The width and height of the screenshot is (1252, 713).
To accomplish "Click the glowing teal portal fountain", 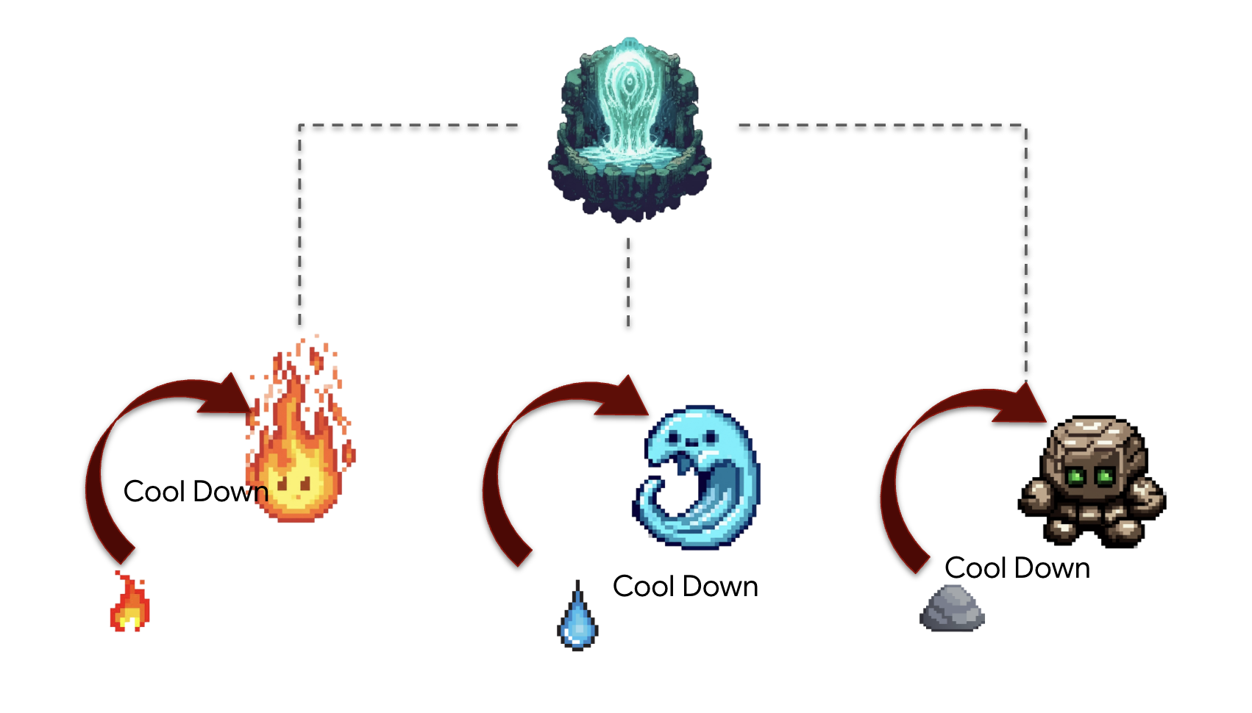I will point(629,129).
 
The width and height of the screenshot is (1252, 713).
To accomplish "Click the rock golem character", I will point(1092,481).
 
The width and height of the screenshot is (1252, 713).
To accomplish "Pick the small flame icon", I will point(130,604).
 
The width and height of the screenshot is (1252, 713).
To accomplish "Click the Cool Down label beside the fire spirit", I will point(195,491).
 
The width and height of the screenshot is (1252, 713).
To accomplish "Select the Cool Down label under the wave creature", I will point(685,587).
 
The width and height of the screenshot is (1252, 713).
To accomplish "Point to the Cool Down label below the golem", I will point(1017,568).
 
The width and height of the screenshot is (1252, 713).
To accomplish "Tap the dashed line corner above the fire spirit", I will point(300,126).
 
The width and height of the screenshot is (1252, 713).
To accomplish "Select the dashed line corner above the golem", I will point(1025,126).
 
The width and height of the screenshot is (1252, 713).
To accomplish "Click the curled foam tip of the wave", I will point(650,488).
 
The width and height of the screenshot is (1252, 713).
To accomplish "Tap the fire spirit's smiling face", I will point(294,489).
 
